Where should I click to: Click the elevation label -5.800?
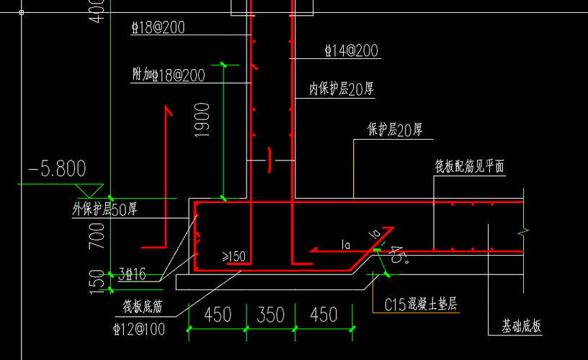click(57, 169)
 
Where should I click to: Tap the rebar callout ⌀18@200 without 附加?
click(159, 28)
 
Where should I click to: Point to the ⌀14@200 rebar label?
click(352, 51)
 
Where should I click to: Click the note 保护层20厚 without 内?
click(394, 130)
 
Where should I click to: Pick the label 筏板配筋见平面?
click(469, 167)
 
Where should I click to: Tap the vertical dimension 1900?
click(202, 120)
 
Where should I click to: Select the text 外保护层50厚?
click(104, 210)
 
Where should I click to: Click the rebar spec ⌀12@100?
click(138, 329)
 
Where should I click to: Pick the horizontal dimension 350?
click(270, 315)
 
